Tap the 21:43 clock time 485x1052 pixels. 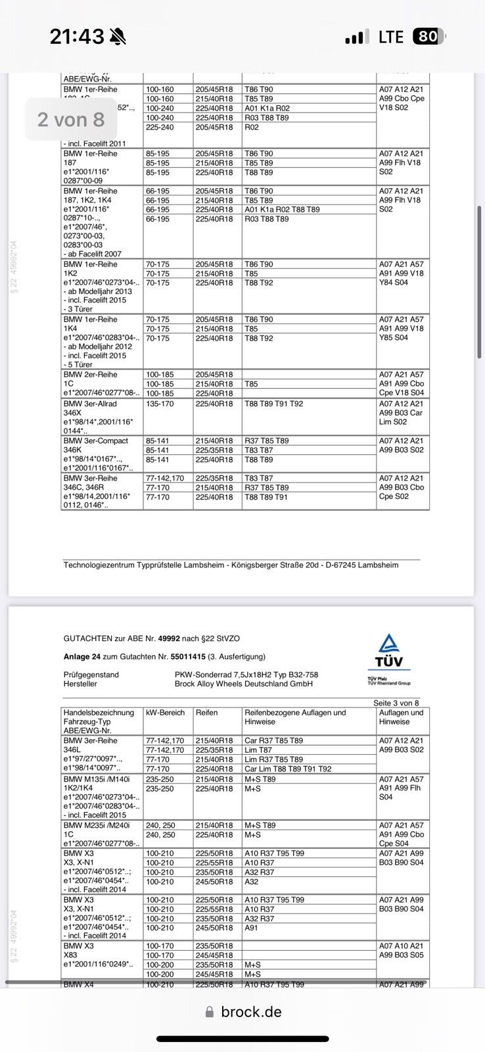[x=76, y=37]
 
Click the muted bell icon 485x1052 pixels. [x=118, y=37]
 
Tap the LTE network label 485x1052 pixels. [x=391, y=37]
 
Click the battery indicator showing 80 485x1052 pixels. [x=428, y=37]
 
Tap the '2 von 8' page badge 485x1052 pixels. [x=71, y=119]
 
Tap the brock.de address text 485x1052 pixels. [x=251, y=1011]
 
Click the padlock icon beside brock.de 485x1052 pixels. [x=210, y=1011]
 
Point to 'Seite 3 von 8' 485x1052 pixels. [x=396, y=703]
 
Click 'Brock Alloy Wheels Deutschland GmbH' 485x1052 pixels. [x=244, y=684]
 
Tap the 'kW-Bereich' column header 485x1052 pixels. [x=165, y=713]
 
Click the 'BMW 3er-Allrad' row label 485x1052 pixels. [x=95, y=404]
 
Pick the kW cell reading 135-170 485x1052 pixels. [x=160, y=404]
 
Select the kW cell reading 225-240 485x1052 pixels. [x=160, y=127]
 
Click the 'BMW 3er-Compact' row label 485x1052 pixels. [x=96, y=441]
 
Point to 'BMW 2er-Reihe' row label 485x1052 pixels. [x=90, y=374]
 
